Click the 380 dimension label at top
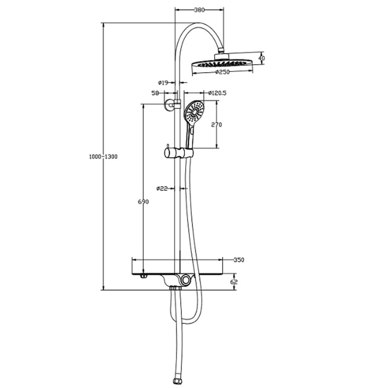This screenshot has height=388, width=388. pyautogui.click(x=199, y=10)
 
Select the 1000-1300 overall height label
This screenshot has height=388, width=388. pyautogui.click(x=103, y=156)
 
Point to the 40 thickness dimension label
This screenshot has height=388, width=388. pyautogui.click(x=261, y=58)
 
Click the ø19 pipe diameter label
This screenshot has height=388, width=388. pyautogui.click(x=163, y=82)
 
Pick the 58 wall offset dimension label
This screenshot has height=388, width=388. pyautogui.click(x=155, y=93)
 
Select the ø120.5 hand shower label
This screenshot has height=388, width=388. pyautogui.click(x=217, y=93)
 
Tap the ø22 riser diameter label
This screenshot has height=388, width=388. pyautogui.click(x=162, y=188)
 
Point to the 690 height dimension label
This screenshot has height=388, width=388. pyautogui.click(x=143, y=202)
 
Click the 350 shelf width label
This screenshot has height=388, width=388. pyautogui.click(x=239, y=260)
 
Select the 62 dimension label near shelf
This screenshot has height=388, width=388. pyautogui.click(x=234, y=282)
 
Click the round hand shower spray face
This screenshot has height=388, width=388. pyautogui.click(x=194, y=111)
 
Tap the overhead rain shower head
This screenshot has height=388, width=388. pyautogui.click(x=222, y=63)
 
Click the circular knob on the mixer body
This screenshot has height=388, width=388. pyautogui.click(x=186, y=280)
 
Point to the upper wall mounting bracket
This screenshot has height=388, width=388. pyautogui.click(x=170, y=105)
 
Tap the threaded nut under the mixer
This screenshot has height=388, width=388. pyautogui.click(x=175, y=288)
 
